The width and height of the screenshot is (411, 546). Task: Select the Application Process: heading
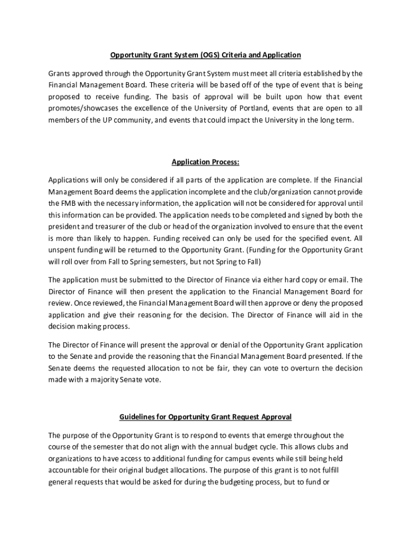tap(205, 162)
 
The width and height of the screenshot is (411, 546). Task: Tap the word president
tap(66, 227)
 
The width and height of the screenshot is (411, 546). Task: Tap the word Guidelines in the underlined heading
tap(139, 416)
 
